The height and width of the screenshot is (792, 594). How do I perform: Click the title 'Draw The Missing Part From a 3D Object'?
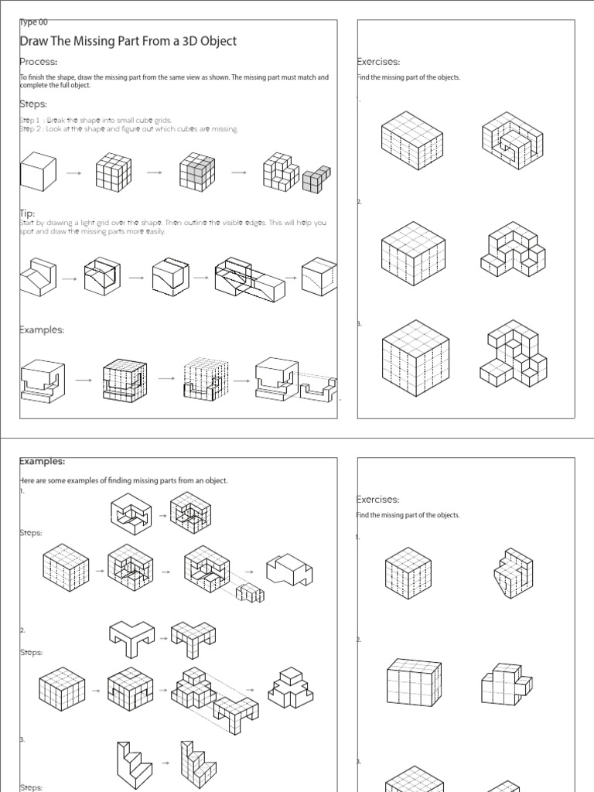click(128, 41)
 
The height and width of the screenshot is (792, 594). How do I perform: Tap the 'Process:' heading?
click(39, 62)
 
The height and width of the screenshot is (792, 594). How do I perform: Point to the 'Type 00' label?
click(34, 22)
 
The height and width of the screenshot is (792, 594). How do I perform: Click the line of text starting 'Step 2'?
click(128, 129)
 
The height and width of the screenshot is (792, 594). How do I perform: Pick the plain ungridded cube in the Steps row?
click(39, 172)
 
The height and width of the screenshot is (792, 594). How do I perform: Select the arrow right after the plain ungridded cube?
click(74, 174)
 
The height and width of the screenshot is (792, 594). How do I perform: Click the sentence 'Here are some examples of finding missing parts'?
click(124, 480)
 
